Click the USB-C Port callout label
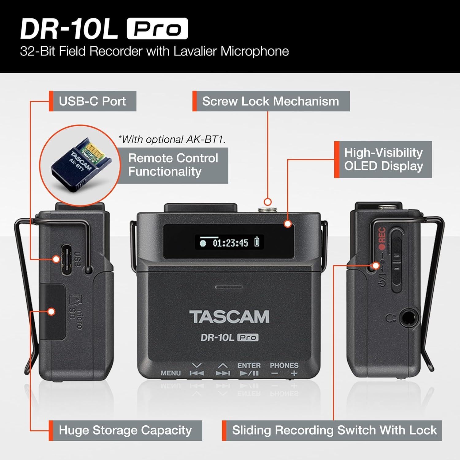(x=92, y=101)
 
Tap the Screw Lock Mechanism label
(x=270, y=101)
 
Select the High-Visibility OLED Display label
(x=383, y=159)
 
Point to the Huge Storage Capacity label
(x=125, y=431)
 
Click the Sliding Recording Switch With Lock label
(x=334, y=431)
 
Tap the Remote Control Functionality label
(x=173, y=165)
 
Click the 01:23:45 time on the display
(x=230, y=243)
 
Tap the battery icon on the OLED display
(x=257, y=242)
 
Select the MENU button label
(x=171, y=373)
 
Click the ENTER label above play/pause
(x=249, y=366)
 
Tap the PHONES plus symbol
(x=294, y=374)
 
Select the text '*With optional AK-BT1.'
(x=172, y=140)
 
